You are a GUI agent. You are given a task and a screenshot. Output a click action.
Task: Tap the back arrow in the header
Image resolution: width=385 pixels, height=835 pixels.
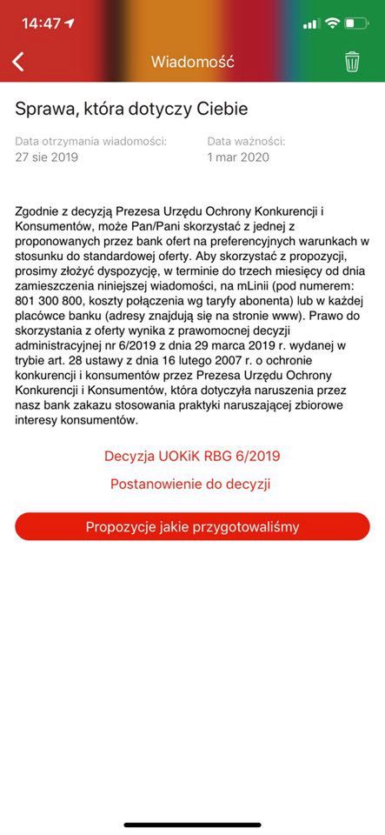(18, 62)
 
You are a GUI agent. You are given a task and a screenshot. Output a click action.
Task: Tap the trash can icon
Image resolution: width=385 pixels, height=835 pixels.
(352, 62)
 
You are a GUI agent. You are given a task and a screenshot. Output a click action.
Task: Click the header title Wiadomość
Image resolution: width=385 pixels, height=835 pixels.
(192, 62)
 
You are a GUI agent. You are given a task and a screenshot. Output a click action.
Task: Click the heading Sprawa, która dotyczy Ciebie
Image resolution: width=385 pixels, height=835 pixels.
(131, 109)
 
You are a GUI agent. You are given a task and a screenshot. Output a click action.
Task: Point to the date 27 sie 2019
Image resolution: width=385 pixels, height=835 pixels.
(47, 157)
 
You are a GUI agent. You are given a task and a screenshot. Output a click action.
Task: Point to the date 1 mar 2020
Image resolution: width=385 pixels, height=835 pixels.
(238, 157)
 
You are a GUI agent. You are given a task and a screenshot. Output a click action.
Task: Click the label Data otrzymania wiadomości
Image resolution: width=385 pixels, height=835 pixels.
(91, 141)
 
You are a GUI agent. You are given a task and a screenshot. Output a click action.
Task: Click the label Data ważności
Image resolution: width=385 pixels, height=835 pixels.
(246, 141)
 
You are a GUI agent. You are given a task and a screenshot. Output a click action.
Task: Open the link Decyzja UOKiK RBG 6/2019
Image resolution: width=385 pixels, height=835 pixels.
(192, 456)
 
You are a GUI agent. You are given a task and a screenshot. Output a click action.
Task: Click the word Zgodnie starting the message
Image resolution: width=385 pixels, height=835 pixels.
(40, 210)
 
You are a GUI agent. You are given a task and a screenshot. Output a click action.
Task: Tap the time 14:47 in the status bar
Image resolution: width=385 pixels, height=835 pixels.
(41, 23)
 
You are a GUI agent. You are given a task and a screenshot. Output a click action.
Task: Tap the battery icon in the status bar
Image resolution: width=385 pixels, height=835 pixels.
(356, 23)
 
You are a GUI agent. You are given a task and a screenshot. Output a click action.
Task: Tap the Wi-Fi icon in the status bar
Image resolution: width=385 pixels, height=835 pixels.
(332, 23)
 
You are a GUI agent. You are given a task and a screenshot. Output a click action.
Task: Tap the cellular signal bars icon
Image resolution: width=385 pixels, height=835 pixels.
(311, 23)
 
